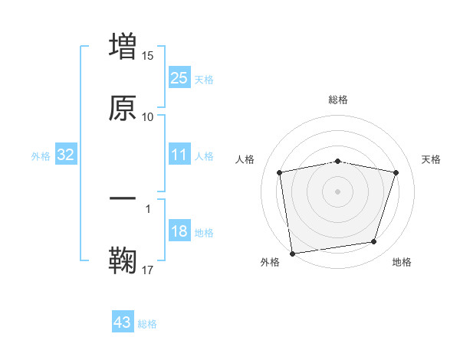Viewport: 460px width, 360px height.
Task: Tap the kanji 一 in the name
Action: pos(123,199)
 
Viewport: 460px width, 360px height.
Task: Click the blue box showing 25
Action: pos(179,77)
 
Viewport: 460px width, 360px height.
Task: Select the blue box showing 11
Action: pos(179,155)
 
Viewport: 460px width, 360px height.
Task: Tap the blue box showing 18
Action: pos(179,231)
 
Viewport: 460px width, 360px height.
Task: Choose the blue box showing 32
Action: pos(65,155)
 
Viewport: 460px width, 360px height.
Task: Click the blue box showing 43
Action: pos(122,322)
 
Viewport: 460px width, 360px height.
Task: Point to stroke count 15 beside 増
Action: pos(148,56)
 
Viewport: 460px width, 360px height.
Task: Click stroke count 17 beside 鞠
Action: pos(148,270)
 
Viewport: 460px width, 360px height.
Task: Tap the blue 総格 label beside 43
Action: pos(147,324)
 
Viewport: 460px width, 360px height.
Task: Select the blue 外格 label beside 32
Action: pos(41,155)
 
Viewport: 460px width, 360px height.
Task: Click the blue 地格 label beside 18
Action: pos(204,233)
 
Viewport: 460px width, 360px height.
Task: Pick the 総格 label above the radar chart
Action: pos(338,100)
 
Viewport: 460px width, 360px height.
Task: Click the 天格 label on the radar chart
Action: pos(431,159)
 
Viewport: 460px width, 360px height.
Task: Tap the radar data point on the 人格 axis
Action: pos(280,172)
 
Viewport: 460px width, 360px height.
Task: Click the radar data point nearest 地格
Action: pos(374,242)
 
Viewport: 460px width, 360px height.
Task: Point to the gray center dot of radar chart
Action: pos(338,191)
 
